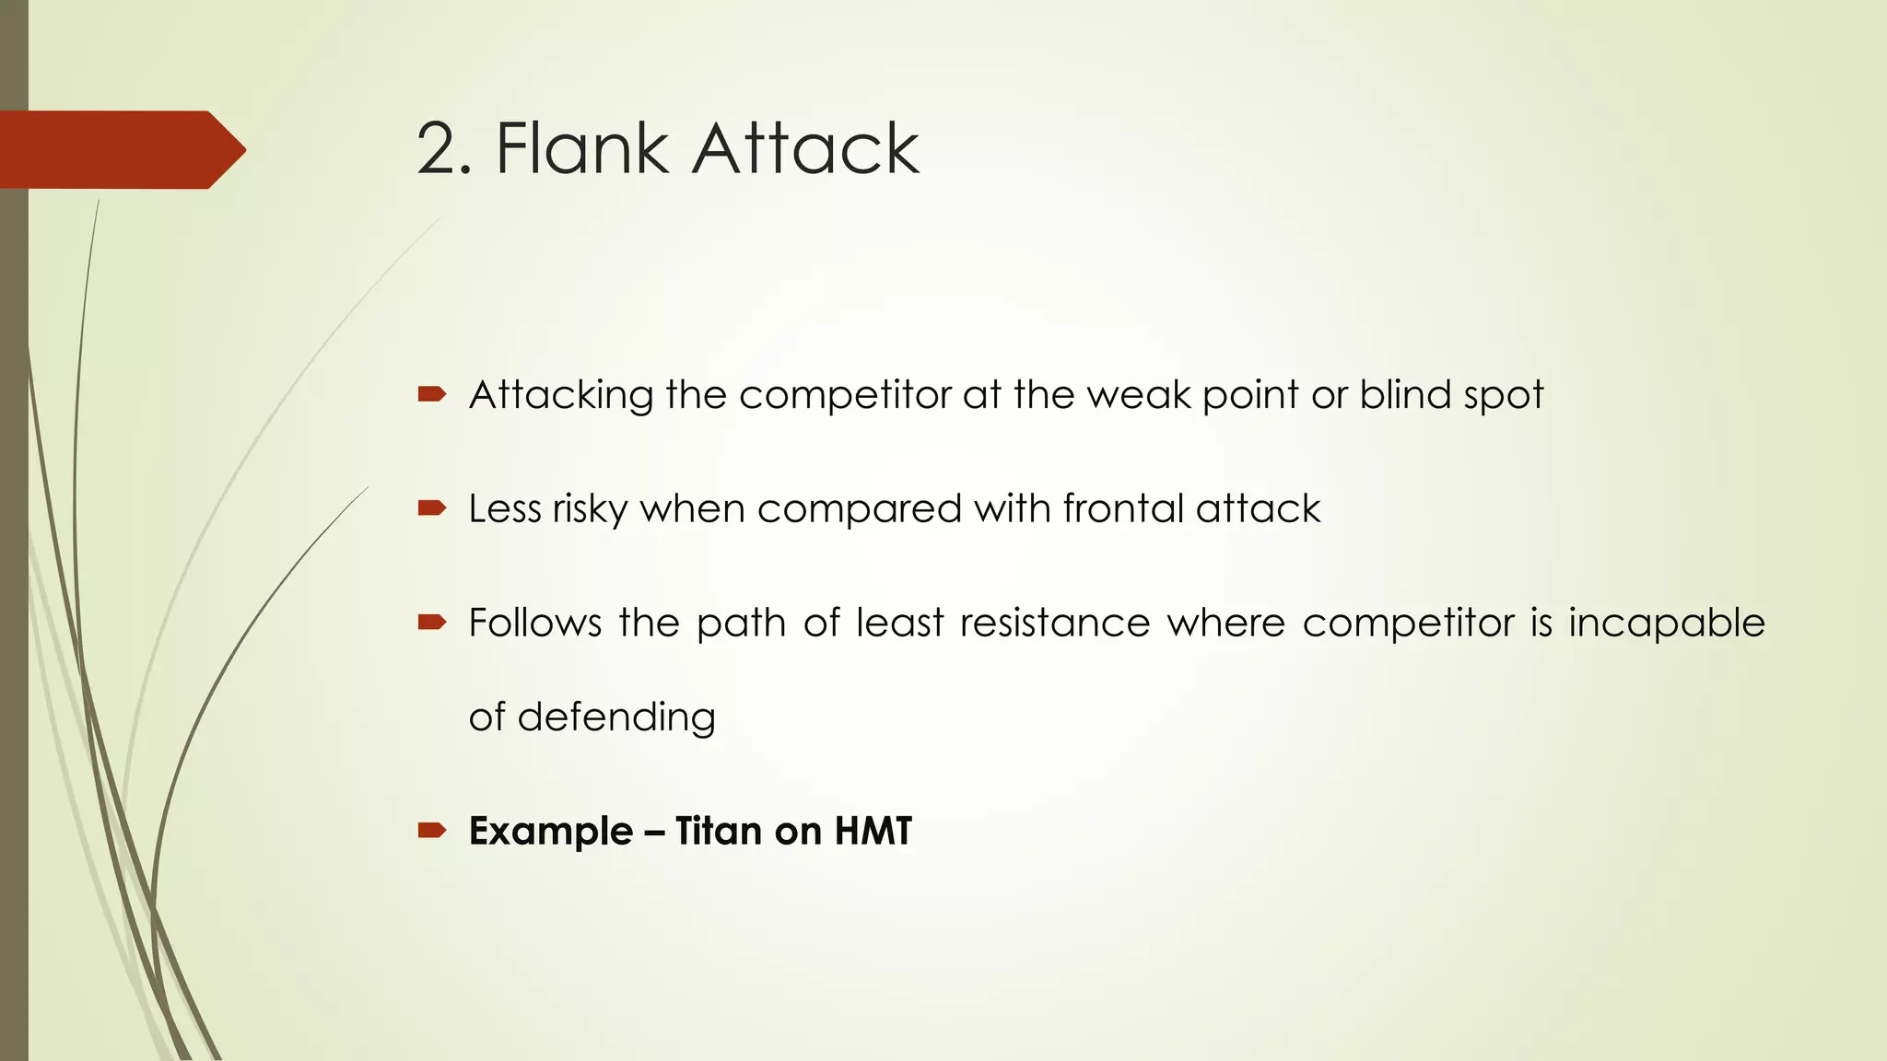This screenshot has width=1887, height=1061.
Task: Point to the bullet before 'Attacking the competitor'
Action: coord(432,395)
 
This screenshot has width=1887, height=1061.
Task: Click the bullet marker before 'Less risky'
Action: coord(432,507)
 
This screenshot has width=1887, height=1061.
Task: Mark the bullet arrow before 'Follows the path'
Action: coord(432,623)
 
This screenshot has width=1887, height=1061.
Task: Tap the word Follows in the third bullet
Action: coord(534,623)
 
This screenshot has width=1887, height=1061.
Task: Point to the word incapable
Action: coord(1667,624)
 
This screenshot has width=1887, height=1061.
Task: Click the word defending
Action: coord(616,717)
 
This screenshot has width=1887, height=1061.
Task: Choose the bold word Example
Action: coord(551,831)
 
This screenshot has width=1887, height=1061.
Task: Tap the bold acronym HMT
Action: coord(873,831)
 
